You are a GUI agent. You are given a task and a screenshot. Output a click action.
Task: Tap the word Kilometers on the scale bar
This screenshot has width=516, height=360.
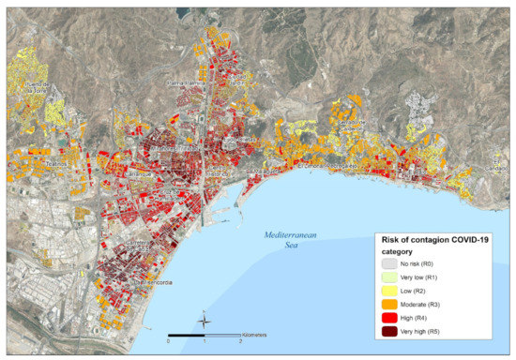[x=252, y=334]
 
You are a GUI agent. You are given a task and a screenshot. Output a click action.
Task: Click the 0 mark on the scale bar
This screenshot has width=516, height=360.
[x=168, y=340]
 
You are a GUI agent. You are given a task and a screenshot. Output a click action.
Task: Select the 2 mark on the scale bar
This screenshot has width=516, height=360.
[x=241, y=340]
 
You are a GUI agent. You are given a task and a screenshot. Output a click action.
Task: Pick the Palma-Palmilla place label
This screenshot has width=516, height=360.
[x=187, y=83]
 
